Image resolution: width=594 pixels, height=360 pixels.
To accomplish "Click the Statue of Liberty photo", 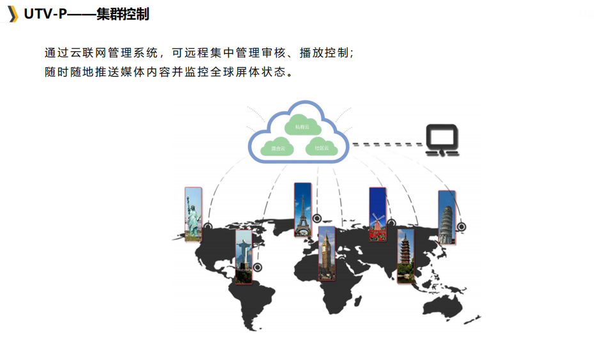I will [x=193, y=214].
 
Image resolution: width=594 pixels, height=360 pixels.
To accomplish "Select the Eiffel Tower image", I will [x=302, y=210].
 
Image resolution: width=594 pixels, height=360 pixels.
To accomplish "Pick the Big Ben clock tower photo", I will [x=327, y=253].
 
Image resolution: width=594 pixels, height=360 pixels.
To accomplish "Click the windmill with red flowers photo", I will [x=378, y=214].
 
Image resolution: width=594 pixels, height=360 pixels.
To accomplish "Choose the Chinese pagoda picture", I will [x=405, y=256].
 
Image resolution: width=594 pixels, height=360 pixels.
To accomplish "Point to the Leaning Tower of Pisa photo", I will [x=447, y=217].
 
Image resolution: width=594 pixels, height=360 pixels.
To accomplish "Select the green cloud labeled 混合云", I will [x=278, y=148].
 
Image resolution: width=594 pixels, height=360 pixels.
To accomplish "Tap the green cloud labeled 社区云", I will [x=322, y=148].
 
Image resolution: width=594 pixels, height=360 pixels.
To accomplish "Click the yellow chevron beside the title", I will [x=12, y=13].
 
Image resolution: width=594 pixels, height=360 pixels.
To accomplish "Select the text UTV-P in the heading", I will [x=45, y=13].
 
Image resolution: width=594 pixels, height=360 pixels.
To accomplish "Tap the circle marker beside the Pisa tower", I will [x=462, y=227].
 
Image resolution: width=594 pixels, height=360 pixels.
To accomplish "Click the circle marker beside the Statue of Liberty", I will [x=208, y=226].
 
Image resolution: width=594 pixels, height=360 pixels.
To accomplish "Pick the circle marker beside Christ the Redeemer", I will [x=258, y=267].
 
